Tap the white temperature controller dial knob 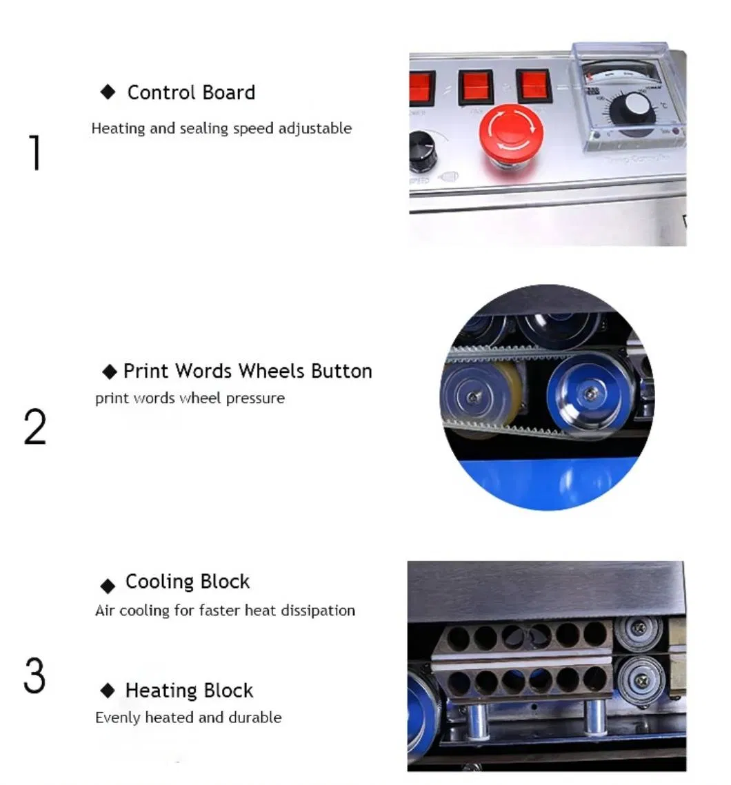point(637,106)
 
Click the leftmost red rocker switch point(421,88)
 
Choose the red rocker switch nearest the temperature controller point(534,86)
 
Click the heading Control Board point(191,92)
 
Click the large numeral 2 point(35,427)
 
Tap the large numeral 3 point(35,676)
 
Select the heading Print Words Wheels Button point(247,371)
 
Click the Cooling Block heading point(187,582)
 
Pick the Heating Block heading point(189,690)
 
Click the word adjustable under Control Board point(315,128)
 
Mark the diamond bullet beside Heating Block point(108,690)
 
